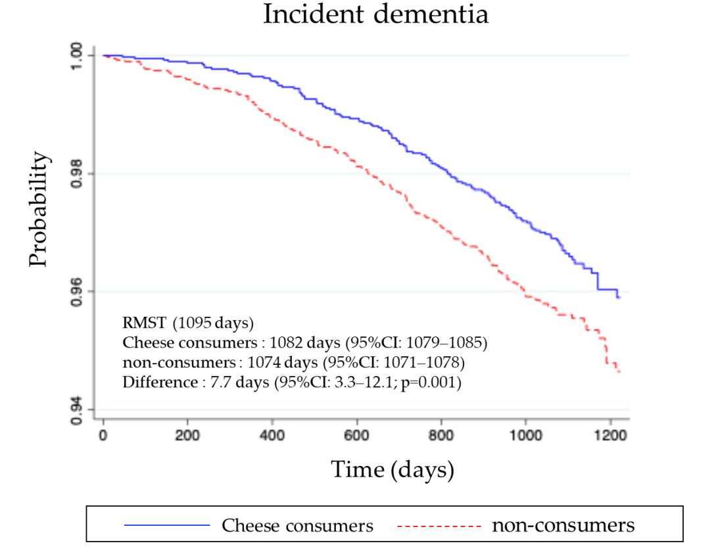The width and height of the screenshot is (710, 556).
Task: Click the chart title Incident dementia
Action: click(x=375, y=14)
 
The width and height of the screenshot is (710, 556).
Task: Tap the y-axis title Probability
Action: click(x=39, y=210)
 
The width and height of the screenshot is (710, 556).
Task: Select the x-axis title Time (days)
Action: click(x=392, y=469)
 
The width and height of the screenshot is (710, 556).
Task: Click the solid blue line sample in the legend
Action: click(x=167, y=526)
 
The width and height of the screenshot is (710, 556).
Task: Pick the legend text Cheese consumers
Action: click(x=297, y=526)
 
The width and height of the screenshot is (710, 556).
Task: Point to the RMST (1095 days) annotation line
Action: click(x=188, y=323)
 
